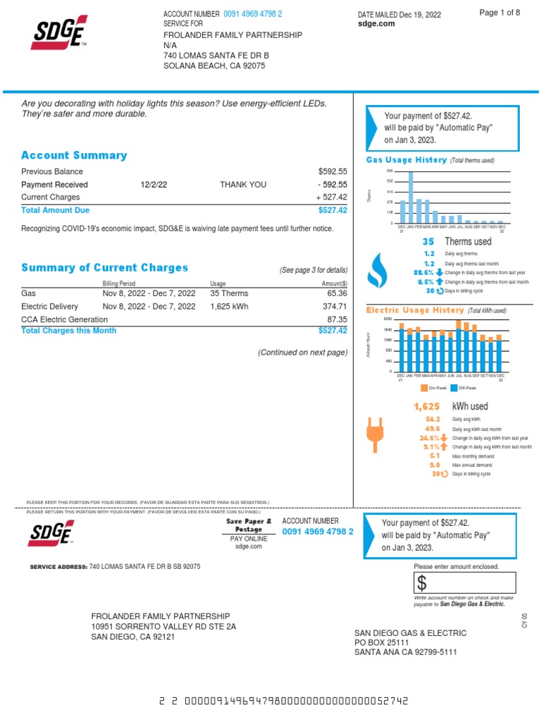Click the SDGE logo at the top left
pyautogui.click(x=59, y=32)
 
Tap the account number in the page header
pyautogui.click(x=253, y=14)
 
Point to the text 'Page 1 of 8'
pyautogui.click(x=499, y=13)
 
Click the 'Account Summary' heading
pyautogui.click(x=74, y=155)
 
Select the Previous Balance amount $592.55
pyautogui.click(x=332, y=171)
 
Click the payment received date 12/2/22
pyautogui.click(x=154, y=185)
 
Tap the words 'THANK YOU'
pyautogui.click(x=243, y=185)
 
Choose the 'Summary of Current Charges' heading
pyautogui.click(x=104, y=268)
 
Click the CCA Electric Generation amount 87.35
pyautogui.click(x=337, y=319)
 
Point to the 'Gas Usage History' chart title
pyautogui.click(x=406, y=160)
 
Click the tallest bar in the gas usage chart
pyautogui.click(x=411, y=197)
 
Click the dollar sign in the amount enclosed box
pyautogui.click(x=421, y=583)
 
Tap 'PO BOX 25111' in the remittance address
pyautogui.click(x=381, y=643)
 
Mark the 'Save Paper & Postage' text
pyautogui.click(x=249, y=525)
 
